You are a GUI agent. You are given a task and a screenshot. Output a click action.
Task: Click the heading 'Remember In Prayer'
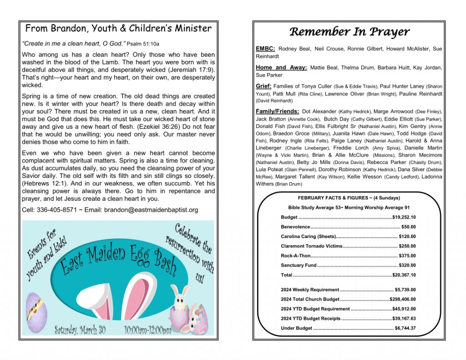pyautogui.click(x=349, y=32)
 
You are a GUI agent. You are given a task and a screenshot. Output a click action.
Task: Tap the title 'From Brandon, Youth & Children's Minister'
pyautogui.click(x=118, y=29)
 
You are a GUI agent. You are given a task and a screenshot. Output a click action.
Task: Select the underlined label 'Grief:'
pyautogui.click(x=264, y=86)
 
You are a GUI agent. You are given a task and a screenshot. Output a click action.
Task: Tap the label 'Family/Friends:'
pyautogui.click(x=278, y=112)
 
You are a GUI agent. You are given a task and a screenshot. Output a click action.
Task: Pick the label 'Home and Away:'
pyautogui.click(x=282, y=68)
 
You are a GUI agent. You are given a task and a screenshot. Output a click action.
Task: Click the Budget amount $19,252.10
pyautogui.click(x=404, y=218)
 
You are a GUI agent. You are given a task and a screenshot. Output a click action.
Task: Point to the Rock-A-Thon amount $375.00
pyautogui.click(x=407, y=256)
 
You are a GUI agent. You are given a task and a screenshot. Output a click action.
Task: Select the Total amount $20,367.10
pyautogui.click(x=404, y=275)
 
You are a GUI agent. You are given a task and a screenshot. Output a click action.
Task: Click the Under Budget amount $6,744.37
pyautogui.click(x=405, y=328)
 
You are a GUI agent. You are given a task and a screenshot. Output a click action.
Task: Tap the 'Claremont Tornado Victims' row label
pyautogui.click(x=311, y=246)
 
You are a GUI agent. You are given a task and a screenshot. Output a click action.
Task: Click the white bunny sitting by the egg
pyautogui.click(x=180, y=298)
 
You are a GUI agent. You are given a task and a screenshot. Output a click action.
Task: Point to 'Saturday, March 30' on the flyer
pyautogui.click(x=80, y=330)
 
